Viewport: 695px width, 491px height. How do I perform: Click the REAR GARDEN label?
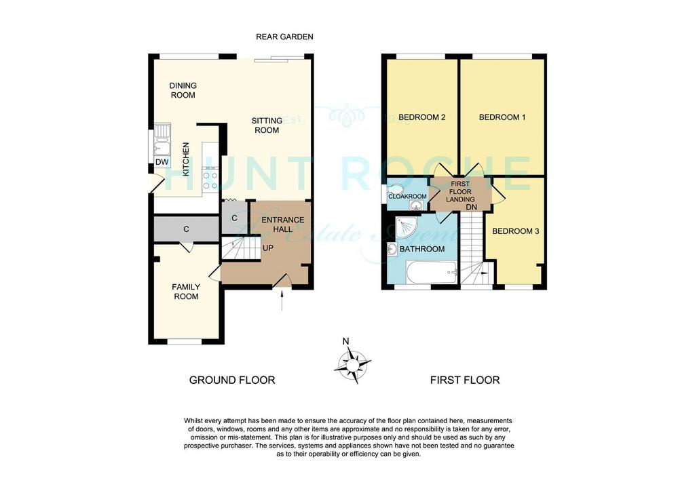click(284, 37)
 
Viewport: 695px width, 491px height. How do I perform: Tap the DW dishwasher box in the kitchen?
click(162, 162)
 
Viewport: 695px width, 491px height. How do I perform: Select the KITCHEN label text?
click(186, 159)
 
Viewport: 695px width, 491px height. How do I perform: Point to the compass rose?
click(352, 364)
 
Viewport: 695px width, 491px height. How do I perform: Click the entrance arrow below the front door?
click(282, 300)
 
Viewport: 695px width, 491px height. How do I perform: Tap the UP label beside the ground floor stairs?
click(267, 248)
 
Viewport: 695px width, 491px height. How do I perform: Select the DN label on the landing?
click(472, 207)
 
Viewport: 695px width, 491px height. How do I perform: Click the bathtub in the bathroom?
click(432, 272)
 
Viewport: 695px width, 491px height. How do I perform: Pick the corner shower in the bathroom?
click(406, 227)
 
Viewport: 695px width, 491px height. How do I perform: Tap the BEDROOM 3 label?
click(516, 231)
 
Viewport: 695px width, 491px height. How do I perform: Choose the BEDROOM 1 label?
click(502, 117)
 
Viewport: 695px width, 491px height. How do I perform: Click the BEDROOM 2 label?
click(422, 117)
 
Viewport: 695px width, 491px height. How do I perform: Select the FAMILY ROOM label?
click(186, 292)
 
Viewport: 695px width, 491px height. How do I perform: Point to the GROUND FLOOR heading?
click(232, 380)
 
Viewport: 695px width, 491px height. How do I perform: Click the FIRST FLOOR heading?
click(465, 380)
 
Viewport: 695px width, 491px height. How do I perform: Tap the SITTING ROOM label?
click(267, 125)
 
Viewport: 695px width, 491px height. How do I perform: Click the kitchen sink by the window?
click(162, 140)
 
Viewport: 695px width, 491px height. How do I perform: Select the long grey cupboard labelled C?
click(187, 229)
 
